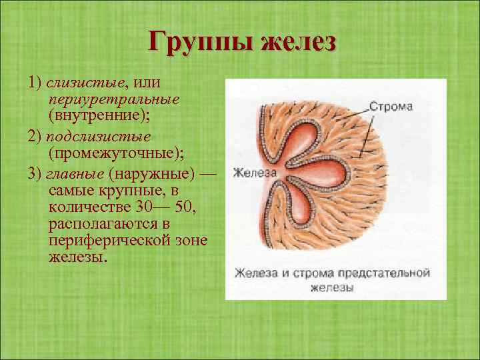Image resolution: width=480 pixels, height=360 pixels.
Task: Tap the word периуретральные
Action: (113, 99)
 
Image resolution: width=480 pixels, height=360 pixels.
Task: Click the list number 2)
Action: (35, 136)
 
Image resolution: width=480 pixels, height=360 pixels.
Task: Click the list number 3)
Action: (35, 174)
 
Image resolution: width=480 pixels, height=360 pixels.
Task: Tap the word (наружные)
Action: (153, 174)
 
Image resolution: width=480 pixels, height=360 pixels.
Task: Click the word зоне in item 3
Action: (194, 241)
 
